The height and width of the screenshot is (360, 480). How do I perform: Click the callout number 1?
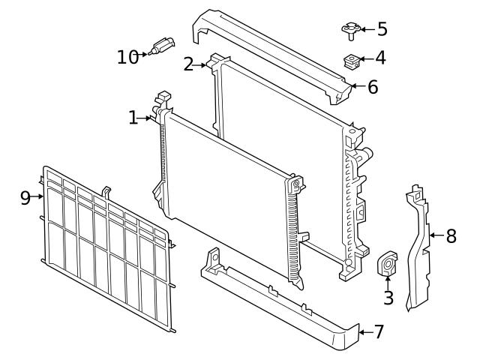pos(133,118)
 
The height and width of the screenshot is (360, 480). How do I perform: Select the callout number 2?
pos(189,64)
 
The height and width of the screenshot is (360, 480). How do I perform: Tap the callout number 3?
pos(388,298)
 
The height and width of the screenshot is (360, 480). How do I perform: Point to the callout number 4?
pos(381,58)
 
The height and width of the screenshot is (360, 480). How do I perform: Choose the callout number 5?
pos(381,29)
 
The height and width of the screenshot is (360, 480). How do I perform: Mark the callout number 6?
pos(373,87)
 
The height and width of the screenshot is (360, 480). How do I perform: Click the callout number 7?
pos(378,331)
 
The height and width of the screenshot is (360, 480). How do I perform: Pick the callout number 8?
pos(451,236)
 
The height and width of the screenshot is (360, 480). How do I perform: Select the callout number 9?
pos(25,197)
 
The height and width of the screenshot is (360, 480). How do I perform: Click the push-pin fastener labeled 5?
pos(348,30)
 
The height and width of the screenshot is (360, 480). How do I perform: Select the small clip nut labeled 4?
pos(349,59)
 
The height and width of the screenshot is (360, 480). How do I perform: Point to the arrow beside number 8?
pos(436,236)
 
